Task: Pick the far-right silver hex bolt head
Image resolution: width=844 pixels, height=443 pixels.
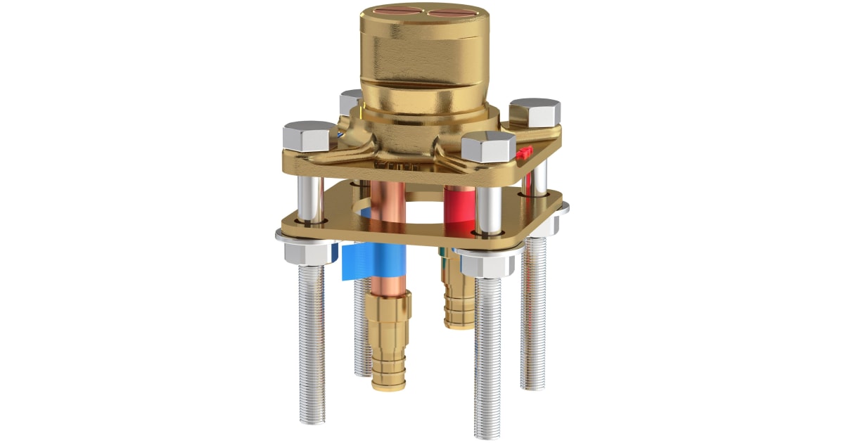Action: [535, 113]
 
